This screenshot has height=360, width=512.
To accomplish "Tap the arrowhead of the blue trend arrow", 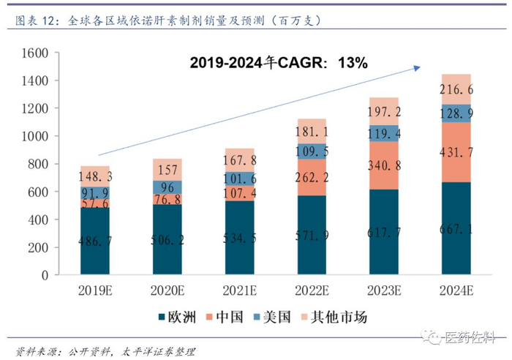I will tap(417, 68).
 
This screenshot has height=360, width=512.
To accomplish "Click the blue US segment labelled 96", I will tap(167, 187).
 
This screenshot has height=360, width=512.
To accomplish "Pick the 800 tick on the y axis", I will tap(37, 164).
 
